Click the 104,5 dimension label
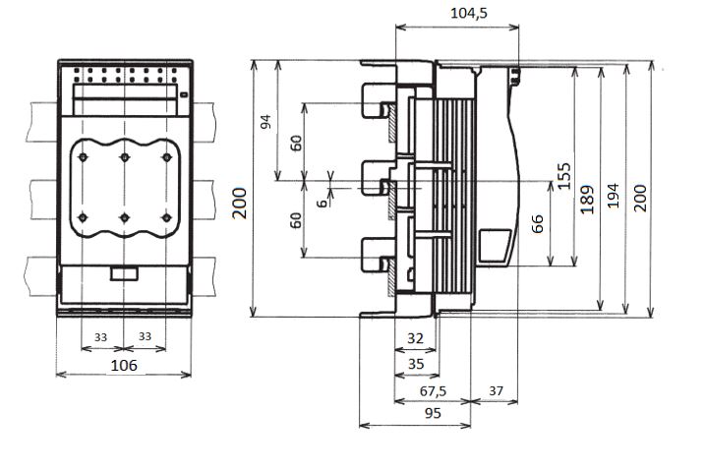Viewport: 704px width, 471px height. click(x=469, y=13)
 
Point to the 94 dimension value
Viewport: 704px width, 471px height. click(x=266, y=122)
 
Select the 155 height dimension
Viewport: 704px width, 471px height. click(x=564, y=176)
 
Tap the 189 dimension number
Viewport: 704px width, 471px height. click(x=587, y=199)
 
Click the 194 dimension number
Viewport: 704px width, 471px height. click(x=614, y=196)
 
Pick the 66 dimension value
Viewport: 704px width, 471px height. click(x=537, y=224)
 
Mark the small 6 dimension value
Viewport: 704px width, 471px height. click(x=322, y=204)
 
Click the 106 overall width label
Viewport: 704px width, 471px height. click(x=124, y=366)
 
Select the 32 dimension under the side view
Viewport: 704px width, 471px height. click(x=415, y=338)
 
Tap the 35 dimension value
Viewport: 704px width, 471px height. click(x=416, y=364)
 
